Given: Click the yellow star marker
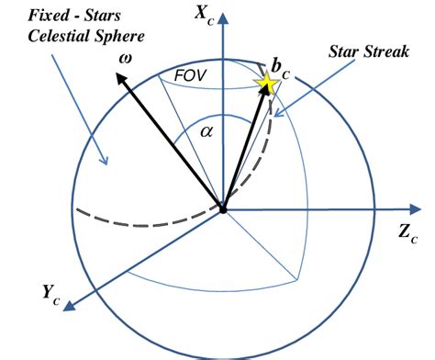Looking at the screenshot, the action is click(266, 82).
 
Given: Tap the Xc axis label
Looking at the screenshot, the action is click(205, 16).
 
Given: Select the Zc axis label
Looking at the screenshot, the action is click(408, 233).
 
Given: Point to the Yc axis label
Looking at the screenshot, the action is click(51, 294).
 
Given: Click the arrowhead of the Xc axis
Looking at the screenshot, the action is click(224, 17).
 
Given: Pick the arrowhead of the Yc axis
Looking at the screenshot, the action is click(69, 306).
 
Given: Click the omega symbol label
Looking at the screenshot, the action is click(126, 59).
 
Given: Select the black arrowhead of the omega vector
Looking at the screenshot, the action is click(121, 78).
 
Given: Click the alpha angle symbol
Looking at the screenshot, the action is click(206, 132).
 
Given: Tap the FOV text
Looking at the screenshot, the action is click(190, 75).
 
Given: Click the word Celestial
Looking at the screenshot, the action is click(58, 36).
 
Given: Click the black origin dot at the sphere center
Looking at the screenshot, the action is click(223, 210).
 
